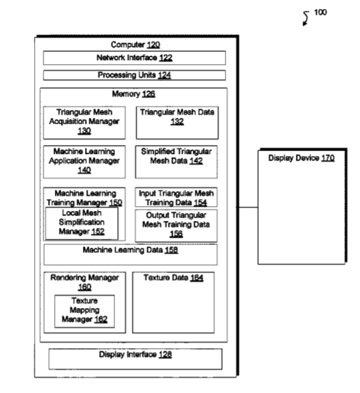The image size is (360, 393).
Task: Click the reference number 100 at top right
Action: coord(320,12)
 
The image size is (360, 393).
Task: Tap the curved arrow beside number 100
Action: coord(306,18)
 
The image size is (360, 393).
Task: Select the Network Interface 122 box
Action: coord(134,58)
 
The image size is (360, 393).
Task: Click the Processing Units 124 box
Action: coord(134,75)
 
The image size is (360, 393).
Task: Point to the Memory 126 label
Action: coord(134,94)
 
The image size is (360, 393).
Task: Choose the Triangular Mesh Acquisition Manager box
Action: coord(84,123)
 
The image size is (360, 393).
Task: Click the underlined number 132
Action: coord(177,122)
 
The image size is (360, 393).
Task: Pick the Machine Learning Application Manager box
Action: coord(84,162)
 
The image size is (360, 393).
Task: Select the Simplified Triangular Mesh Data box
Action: coord(177,162)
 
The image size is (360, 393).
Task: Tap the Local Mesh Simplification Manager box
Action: coord(82,223)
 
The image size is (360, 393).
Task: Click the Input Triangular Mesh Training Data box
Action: coord(176,198)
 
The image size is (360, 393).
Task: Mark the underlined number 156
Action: coord(176,234)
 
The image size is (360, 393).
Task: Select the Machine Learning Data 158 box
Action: coord(130,254)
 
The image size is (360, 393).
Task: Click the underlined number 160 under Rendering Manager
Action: coord(85,287)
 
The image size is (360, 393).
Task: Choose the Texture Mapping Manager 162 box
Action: coord(85,311)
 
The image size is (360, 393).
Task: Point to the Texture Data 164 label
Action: coord(173,278)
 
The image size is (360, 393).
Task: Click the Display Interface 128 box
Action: coord(135,359)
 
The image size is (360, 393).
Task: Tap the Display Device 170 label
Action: coord(301,158)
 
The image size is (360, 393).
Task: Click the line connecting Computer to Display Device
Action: coord(248,208)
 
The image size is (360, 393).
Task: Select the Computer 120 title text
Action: coord(135,45)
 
